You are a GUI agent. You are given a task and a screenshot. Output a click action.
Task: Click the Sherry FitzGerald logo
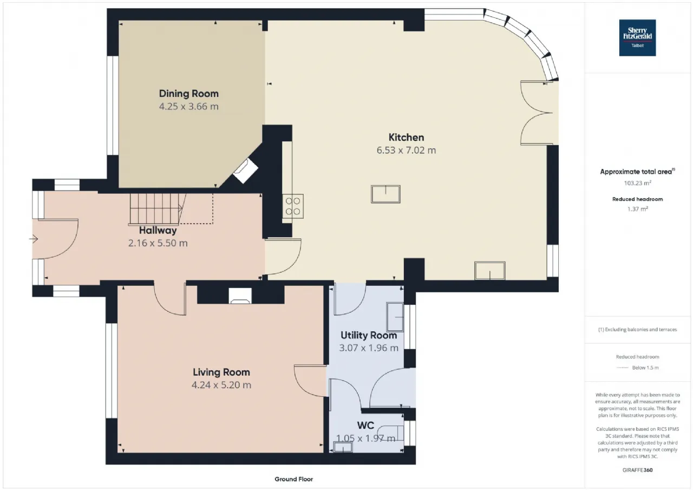click(637, 38)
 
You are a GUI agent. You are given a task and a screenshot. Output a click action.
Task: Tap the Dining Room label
click(189, 94)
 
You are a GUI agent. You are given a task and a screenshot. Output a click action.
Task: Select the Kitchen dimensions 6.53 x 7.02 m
click(406, 150)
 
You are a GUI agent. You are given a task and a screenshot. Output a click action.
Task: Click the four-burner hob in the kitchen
click(293, 206)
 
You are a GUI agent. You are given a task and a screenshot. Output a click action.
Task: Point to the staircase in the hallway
click(157, 208)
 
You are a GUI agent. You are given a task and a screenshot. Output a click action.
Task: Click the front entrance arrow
click(34, 239)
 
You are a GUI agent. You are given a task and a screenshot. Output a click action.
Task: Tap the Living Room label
click(221, 372)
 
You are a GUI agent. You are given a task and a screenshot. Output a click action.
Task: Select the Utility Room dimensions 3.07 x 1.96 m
click(369, 348)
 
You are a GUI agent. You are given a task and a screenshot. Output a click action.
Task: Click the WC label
click(365, 426)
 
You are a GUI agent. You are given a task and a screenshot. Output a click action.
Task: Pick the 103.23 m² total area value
click(637, 183)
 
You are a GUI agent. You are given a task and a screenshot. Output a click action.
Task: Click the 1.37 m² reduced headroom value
click(638, 209)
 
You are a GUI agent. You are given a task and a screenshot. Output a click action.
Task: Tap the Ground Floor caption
click(293, 479)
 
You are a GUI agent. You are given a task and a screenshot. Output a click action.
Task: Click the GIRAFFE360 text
click(637, 470)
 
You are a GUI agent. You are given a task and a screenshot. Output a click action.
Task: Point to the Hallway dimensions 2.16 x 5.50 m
click(158, 243)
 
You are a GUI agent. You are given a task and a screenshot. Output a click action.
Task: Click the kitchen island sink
click(385, 194)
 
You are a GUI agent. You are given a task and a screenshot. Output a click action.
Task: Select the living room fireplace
click(240, 296)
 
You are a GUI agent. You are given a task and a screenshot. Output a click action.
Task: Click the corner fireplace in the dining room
click(245, 171)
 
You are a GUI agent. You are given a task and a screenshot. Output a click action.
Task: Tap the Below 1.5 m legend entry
click(637, 368)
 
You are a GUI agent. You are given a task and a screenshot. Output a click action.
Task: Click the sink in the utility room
click(395, 317)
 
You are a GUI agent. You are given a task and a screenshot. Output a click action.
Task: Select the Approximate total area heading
click(637, 172)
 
